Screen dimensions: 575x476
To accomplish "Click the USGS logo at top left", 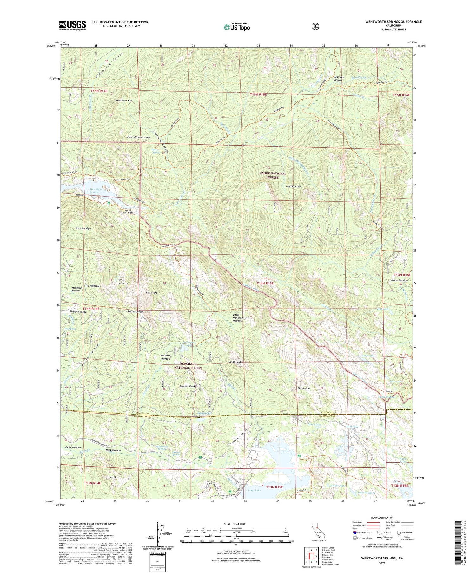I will tap(72, 25).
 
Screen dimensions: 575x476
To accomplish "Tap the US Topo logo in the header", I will tap(236, 27).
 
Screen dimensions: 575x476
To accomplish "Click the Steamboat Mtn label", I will tap(124, 100).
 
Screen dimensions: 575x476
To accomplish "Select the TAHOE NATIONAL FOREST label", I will tap(273, 175).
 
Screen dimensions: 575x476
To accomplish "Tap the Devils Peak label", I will tap(303, 388).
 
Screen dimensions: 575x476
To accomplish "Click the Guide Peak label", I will tap(235, 362).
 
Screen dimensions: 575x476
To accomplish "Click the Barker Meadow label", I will tap(399, 280).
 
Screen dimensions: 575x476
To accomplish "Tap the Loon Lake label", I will tap(255, 490).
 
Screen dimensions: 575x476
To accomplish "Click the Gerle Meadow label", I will tap(73, 447).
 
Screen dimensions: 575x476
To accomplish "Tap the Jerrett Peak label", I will tap(187, 386).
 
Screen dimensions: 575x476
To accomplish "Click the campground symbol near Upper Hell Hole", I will tap(109, 203).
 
